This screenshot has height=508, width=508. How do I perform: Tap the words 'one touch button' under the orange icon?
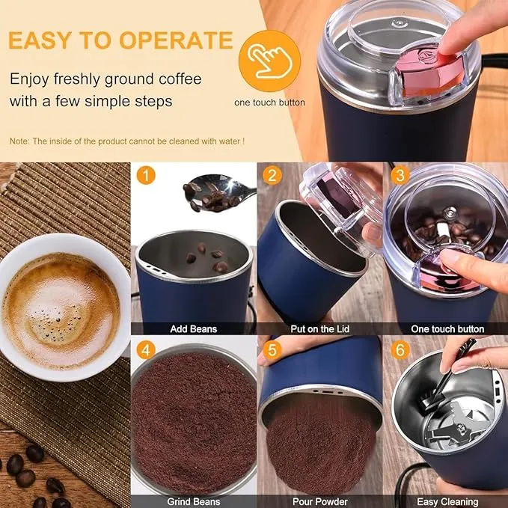[x=269, y=102]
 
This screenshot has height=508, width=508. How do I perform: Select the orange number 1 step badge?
[x=147, y=177]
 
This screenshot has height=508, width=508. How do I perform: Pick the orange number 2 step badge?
[x=273, y=177]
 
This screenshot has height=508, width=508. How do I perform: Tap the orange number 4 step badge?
[x=147, y=350]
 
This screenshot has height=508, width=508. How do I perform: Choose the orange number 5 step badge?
[x=273, y=350]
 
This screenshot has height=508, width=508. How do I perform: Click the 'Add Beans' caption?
[x=193, y=328]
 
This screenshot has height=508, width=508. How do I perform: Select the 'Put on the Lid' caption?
[x=319, y=328]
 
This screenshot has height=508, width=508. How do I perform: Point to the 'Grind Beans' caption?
[x=193, y=501]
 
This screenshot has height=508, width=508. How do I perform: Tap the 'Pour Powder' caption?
[x=319, y=501]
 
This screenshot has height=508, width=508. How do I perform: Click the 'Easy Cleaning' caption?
[x=447, y=501]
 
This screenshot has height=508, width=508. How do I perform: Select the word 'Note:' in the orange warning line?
[x=20, y=141]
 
